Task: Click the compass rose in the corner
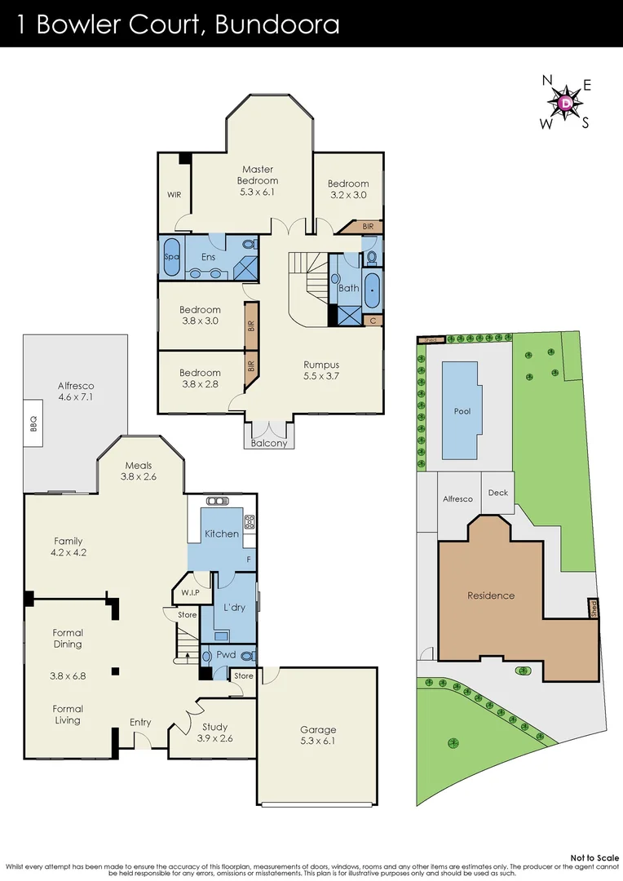[566, 103]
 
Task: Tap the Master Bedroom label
[258, 180]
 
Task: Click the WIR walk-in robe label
[175, 195]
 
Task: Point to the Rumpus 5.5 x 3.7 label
[321, 371]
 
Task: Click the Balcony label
[269, 444]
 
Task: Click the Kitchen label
[222, 533]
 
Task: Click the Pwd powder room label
[226, 654]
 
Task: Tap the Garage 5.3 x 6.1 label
[317, 735]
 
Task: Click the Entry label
[140, 722]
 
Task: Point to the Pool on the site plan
[462, 411]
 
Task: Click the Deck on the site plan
[497, 493]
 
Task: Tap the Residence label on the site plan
[491, 595]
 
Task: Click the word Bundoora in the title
[277, 24]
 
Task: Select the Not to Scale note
[594, 857]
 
